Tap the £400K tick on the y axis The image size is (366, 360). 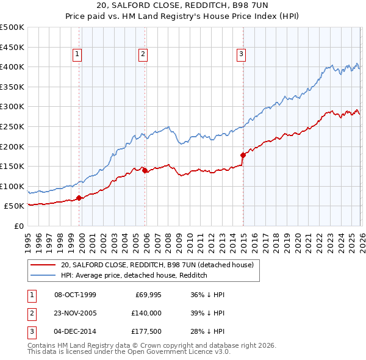click(12, 67)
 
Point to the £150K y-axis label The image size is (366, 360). click(12, 166)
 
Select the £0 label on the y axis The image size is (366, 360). click(18, 226)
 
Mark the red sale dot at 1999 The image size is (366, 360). click(79, 198)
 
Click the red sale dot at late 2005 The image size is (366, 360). click(145, 170)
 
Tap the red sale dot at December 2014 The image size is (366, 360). click(243, 155)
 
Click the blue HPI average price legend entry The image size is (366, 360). click(134, 275)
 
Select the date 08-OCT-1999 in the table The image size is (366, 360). click(75, 295)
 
